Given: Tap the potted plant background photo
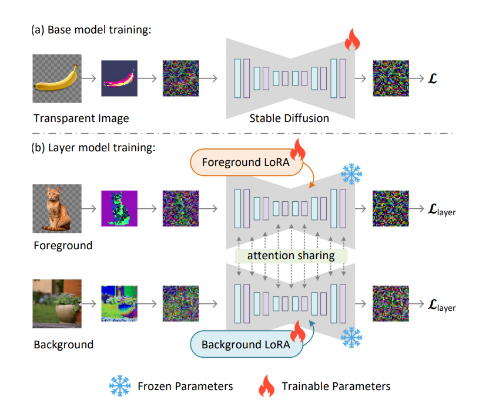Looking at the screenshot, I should click(x=56, y=303).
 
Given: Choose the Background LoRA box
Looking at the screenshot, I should click(x=245, y=344).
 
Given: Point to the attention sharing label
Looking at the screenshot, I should click(x=291, y=256).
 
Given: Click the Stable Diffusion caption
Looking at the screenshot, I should click(x=289, y=118).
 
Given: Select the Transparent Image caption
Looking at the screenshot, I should click(x=81, y=118).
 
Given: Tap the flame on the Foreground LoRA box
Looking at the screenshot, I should click(x=298, y=151).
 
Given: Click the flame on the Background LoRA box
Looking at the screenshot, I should click(x=299, y=333).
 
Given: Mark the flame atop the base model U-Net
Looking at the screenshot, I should click(x=351, y=42).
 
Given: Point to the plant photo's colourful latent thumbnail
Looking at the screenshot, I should click(x=119, y=303).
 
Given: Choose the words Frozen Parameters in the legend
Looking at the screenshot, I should click(x=185, y=386).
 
